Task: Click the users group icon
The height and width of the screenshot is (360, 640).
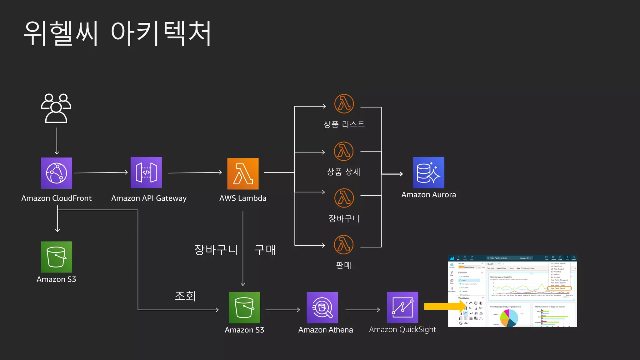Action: (x=56, y=108)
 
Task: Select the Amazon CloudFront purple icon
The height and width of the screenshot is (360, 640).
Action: (x=57, y=173)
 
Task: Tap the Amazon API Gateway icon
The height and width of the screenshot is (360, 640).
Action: (x=146, y=172)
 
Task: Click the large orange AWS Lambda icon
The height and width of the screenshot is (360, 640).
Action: (x=243, y=174)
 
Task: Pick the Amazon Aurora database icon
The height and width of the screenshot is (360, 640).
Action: (x=428, y=172)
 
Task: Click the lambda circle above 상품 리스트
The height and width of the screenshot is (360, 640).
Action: (x=344, y=104)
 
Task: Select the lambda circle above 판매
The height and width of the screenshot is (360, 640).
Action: (x=344, y=245)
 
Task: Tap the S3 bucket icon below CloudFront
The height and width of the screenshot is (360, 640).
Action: (x=57, y=257)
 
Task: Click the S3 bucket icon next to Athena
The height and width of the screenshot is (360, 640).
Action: (x=244, y=307)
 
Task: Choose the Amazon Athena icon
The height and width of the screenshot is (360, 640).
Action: (x=322, y=307)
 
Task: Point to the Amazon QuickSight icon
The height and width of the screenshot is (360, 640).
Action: (x=402, y=307)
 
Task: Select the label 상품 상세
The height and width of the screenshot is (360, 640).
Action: (x=343, y=172)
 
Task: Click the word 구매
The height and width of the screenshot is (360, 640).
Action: (x=265, y=250)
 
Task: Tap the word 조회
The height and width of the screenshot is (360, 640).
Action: (x=185, y=296)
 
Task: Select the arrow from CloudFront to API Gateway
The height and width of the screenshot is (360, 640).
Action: (x=101, y=172)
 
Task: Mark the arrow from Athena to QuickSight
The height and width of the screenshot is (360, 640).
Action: (x=362, y=310)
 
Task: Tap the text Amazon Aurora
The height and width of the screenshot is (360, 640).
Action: (x=428, y=195)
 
